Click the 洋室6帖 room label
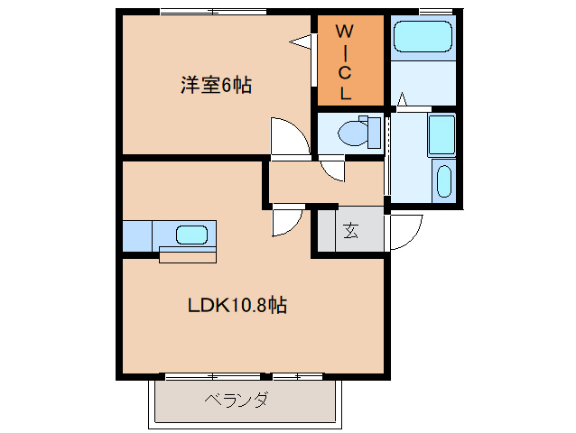tap(216, 86)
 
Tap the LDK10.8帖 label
tap(237, 305)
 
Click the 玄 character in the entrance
tap(349, 229)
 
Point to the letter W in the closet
tap(345, 32)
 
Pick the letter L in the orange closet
tap(345, 91)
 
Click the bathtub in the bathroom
tap(423, 38)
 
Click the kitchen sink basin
tap(191, 235)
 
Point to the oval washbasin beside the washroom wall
tap(442, 181)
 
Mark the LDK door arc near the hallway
tap(288, 220)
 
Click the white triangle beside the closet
tap(301, 41)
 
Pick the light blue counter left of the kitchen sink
tap(138, 235)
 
